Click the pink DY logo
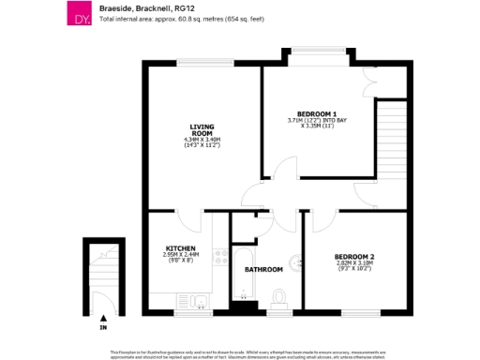click(80, 13)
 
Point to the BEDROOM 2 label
click(353, 257)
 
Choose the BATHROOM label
click(263, 270)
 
